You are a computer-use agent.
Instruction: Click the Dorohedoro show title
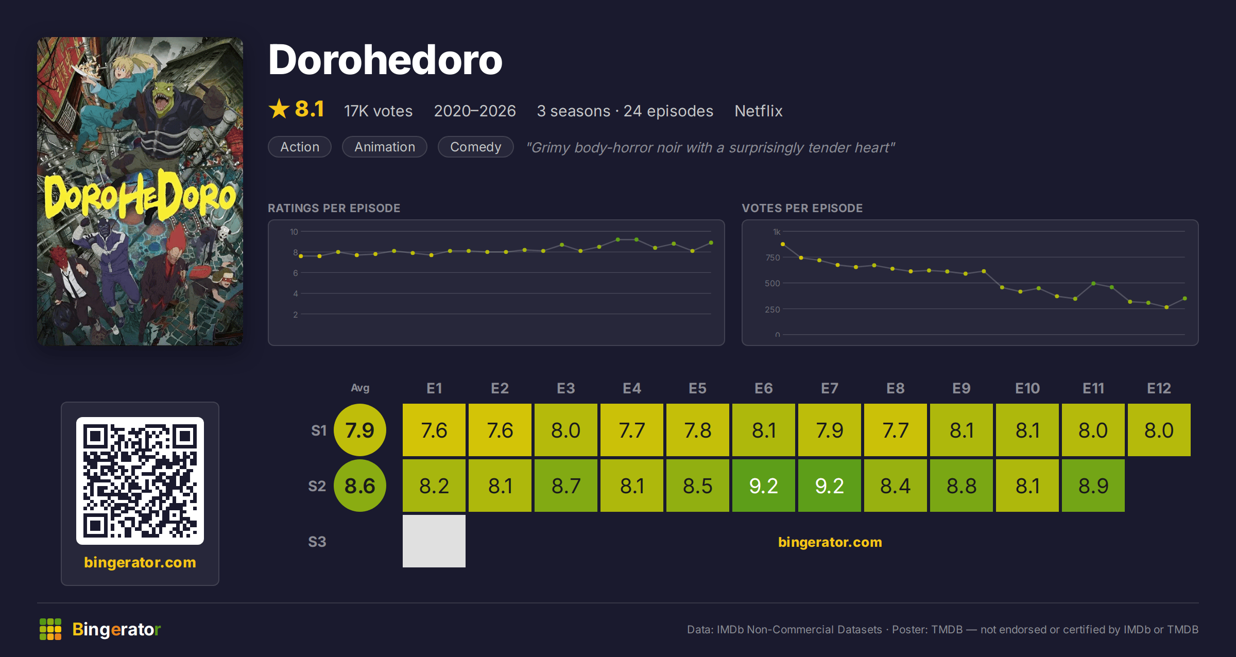[385, 60]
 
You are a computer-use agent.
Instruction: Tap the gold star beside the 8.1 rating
[279, 109]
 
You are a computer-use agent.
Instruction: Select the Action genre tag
[300, 147]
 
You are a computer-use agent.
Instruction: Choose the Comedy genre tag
[475, 147]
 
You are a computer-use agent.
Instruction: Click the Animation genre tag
[385, 147]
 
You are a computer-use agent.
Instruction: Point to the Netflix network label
[759, 111]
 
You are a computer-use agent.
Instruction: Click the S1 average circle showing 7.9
[360, 430]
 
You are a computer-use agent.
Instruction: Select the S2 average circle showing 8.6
[360, 486]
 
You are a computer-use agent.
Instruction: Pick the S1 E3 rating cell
[566, 430]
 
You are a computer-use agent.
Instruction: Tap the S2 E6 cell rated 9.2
[764, 486]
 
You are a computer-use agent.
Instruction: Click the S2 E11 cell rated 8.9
[1093, 486]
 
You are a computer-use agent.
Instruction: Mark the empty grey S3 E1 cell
[434, 541]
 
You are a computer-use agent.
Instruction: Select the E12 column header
[1159, 388]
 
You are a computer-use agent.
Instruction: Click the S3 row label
[317, 542]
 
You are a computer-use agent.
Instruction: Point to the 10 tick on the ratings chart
[294, 232]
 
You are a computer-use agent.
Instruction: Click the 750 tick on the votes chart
[772, 257]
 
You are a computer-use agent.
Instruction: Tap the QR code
[140, 481]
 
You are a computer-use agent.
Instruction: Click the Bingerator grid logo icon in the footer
[50, 629]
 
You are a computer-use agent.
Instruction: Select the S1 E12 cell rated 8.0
[1159, 430]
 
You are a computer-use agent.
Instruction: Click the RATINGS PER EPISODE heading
[334, 208]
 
